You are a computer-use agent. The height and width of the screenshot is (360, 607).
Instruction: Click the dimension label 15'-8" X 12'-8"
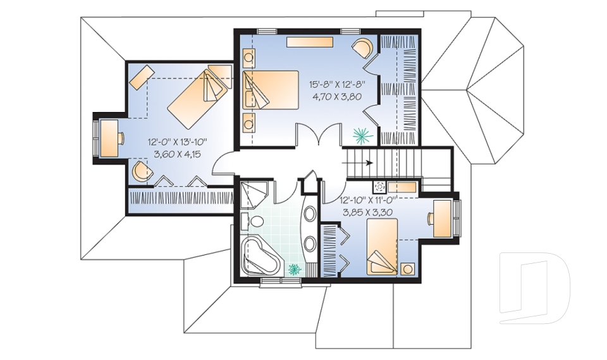pos(337,84)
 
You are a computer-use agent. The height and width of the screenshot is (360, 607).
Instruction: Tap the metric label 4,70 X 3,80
pos(337,97)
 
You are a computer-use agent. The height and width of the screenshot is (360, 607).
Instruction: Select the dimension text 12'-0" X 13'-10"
pos(178,142)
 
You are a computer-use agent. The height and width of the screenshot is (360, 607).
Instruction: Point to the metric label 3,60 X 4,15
pos(178,154)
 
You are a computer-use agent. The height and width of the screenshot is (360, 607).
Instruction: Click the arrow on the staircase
pos(357,163)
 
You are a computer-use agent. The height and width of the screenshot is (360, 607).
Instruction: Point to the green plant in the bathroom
pos(294,269)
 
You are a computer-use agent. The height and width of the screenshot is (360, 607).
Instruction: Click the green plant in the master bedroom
pos(363,135)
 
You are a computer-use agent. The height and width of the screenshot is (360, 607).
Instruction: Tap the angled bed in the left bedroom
pos(197,99)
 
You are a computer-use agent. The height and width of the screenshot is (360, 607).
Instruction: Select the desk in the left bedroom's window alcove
pos(109,138)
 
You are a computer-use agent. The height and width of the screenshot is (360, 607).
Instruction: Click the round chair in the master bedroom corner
pos(363,47)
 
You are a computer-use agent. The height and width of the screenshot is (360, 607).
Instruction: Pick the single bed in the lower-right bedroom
pos(382,247)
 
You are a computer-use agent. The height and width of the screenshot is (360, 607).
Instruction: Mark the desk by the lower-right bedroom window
pos(443,218)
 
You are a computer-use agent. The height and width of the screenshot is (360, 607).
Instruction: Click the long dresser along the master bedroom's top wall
pos(310,42)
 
